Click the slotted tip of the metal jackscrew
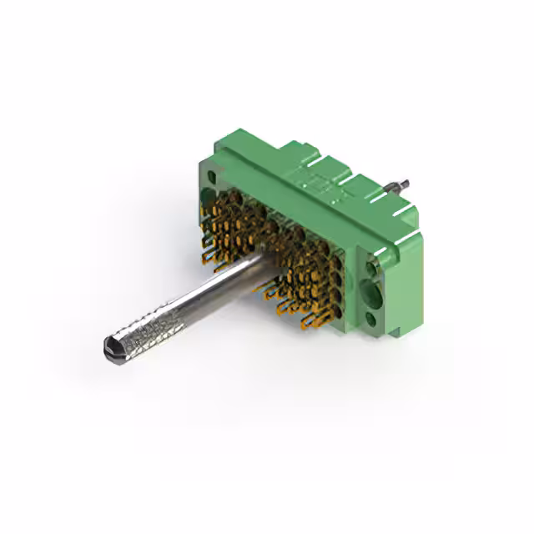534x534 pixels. click(110, 345)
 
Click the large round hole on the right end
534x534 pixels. click(371, 294)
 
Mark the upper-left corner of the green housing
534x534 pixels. click(200, 163)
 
